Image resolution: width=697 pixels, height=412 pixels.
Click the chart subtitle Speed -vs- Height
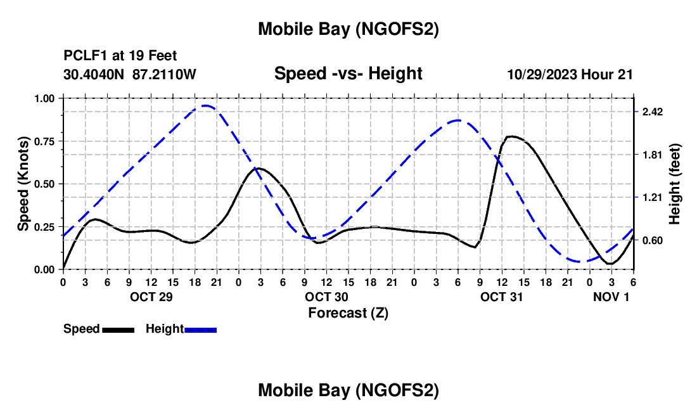coord(348,74)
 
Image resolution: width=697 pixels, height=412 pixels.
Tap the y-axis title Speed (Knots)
coord(23,184)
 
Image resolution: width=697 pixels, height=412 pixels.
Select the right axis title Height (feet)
coord(675,184)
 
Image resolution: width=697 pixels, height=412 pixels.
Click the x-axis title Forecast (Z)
coord(348,312)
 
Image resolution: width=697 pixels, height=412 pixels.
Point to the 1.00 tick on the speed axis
coord(45,98)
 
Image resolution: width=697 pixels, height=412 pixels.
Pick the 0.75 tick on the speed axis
coord(45,141)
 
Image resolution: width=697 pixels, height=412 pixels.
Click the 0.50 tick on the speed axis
coord(45,184)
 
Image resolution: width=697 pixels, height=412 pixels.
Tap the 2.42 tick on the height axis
coord(652,112)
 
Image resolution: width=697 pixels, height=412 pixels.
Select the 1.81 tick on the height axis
coord(652,155)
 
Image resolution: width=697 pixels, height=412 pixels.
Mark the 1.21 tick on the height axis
coord(652,198)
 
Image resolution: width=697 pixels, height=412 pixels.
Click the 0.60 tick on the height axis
coord(652,240)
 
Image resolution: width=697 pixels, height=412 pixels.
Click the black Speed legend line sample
coord(117,329)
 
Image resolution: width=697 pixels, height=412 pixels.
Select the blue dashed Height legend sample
coord(200,329)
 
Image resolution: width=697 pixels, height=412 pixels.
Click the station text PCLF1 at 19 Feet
coord(120,56)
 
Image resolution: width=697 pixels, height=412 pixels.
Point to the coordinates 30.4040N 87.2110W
coord(130,74)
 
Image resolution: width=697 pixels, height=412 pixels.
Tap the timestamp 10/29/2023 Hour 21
coord(570,74)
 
